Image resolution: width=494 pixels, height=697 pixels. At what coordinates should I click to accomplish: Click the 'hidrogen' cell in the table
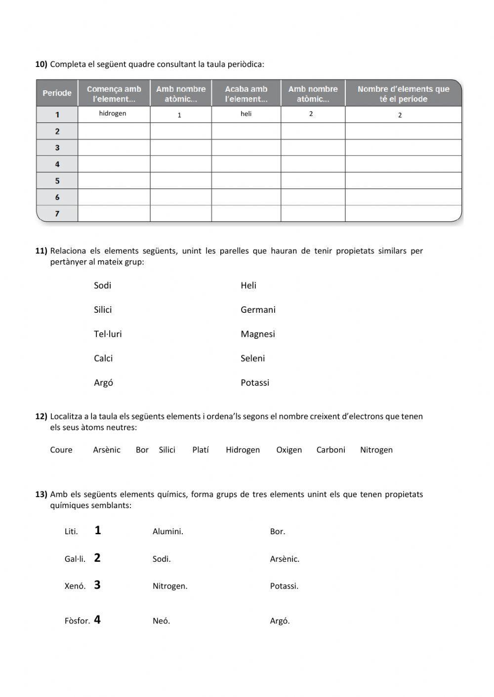(113, 114)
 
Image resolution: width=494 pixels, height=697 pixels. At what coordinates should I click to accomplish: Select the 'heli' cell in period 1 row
(246, 114)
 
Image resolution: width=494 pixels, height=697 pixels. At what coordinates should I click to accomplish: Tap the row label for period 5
(57, 181)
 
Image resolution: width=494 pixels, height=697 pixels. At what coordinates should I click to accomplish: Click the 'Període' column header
(57, 93)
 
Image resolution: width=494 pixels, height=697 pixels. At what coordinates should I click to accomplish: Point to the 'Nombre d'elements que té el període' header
(403, 94)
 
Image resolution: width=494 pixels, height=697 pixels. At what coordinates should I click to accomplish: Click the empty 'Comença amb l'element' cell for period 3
(114, 147)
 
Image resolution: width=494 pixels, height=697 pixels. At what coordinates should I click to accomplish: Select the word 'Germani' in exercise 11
(258, 310)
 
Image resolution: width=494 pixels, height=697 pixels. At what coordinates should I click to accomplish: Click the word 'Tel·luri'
(108, 334)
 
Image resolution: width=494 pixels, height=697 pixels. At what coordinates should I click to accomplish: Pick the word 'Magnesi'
(257, 334)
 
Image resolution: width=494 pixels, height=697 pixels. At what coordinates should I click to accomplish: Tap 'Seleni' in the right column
(252, 358)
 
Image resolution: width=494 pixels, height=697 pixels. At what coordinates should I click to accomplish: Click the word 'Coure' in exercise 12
(61, 450)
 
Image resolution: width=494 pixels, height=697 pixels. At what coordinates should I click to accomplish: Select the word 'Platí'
(201, 450)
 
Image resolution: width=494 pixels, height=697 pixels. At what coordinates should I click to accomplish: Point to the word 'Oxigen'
(289, 450)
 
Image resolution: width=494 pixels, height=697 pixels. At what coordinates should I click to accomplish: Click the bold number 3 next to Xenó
(97, 585)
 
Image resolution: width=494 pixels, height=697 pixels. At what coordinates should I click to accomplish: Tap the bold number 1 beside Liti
(98, 530)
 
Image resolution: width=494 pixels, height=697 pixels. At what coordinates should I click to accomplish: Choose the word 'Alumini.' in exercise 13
(168, 532)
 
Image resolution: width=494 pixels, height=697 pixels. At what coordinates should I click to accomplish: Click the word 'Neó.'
(161, 621)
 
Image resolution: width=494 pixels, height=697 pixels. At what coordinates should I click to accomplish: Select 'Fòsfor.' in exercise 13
(77, 621)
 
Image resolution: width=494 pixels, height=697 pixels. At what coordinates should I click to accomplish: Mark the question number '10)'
(41, 64)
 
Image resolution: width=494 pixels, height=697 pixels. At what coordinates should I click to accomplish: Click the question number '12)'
(41, 416)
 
